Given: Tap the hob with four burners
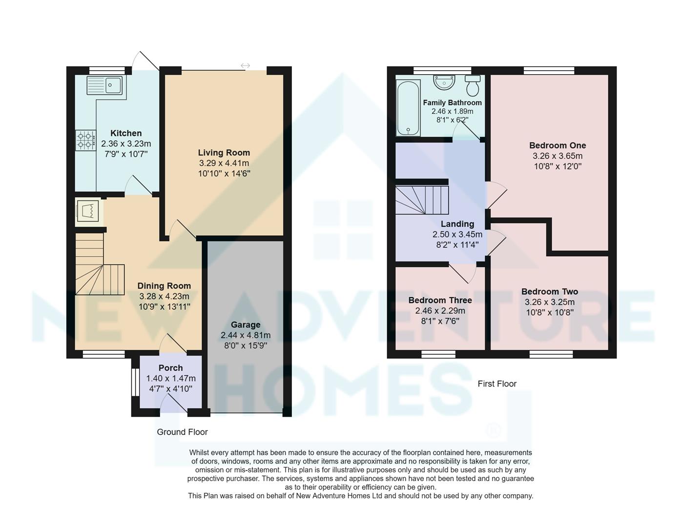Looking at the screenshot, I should pyautogui.click(x=85, y=140).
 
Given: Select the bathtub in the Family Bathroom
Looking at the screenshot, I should pyautogui.click(x=408, y=108).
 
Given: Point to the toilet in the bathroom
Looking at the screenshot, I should pyautogui.click(x=473, y=85).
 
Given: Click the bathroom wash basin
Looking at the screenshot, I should pyautogui.click(x=444, y=82).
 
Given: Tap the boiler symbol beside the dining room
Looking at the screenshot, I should pyautogui.click(x=88, y=212).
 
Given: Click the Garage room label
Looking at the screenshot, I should pyautogui.click(x=246, y=324).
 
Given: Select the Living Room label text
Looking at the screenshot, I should pyautogui.click(x=224, y=153).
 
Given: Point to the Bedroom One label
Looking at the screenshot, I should pyautogui.click(x=557, y=145).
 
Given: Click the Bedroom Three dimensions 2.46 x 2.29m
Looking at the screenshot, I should pyautogui.click(x=440, y=311).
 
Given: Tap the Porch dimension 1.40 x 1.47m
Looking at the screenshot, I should pyautogui.click(x=170, y=378).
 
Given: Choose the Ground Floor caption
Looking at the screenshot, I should pyautogui.click(x=182, y=432).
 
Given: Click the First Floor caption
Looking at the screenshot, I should pyautogui.click(x=497, y=384).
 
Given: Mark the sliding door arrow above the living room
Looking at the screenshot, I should pyautogui.click(x=245, y=66).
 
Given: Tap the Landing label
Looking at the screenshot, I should pyautogui.click(x=457, y=224).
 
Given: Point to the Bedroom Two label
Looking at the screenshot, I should pyautogui.click(x=549, y=292).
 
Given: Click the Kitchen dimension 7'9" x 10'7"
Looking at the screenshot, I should pyautogui.click(x=126, y=154).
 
